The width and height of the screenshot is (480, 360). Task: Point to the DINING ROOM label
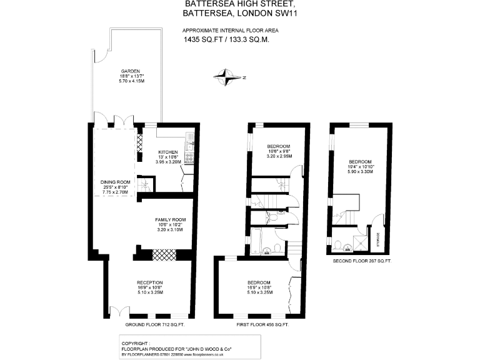115,182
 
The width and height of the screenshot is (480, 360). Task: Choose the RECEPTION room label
150,282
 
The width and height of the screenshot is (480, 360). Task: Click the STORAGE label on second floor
377,240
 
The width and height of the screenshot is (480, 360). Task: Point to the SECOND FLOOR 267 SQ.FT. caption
362,260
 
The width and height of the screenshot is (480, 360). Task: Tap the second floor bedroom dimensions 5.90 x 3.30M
361,171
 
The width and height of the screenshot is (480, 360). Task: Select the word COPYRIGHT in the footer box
134,343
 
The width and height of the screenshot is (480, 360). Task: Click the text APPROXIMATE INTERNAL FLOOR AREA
230,30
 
